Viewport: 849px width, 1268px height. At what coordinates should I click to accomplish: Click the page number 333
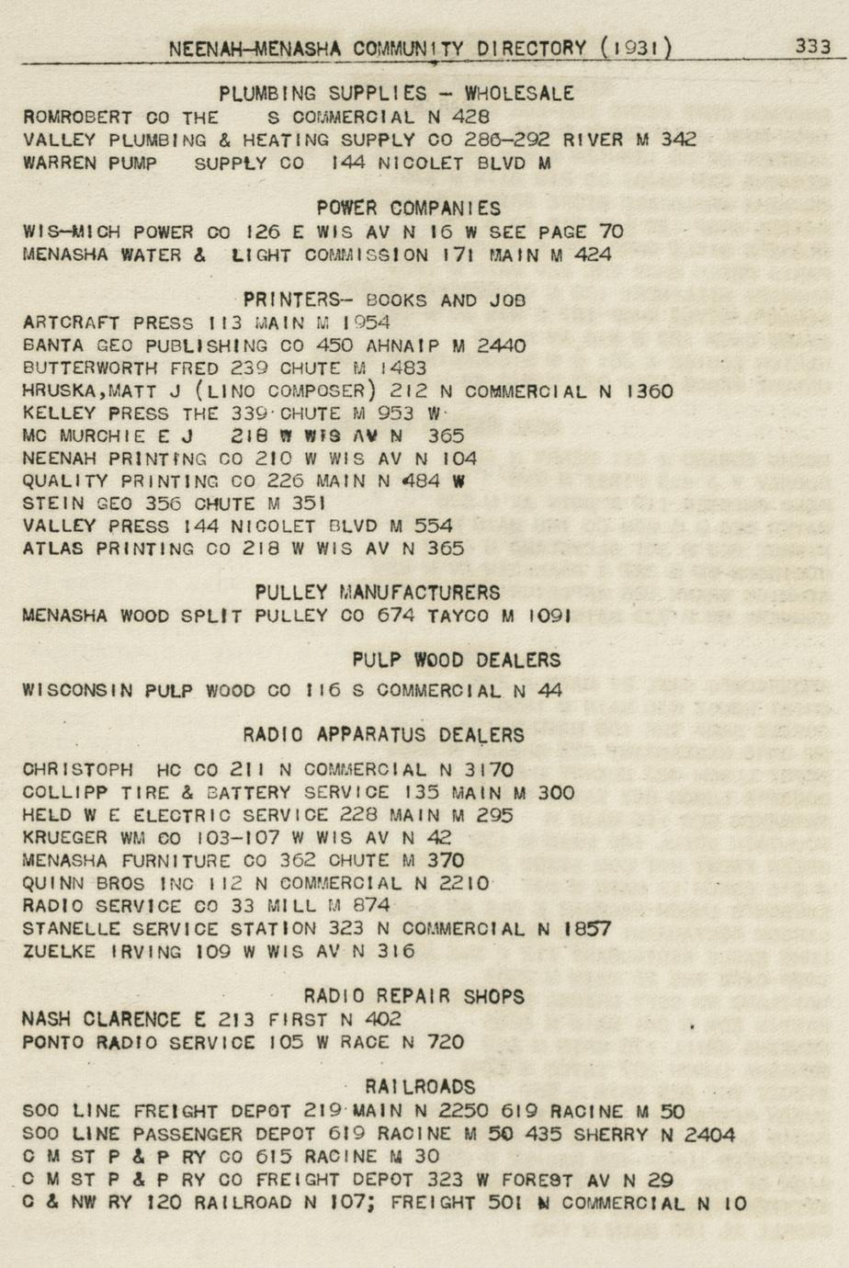click(x=812, y=46)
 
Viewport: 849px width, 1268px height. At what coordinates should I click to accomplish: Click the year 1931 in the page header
click(x=636, y=48)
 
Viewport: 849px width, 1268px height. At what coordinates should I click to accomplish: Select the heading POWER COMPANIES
click(x=409, y=209)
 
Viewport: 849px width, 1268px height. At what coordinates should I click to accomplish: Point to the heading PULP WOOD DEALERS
click(x=456, y=660)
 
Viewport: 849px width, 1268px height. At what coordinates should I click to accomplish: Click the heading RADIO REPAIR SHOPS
click(x=413, y=996)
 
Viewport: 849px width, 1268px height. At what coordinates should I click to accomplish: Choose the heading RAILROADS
click(x=420, y=1087)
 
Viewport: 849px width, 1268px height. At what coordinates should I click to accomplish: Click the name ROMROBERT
click(x=77, y=118)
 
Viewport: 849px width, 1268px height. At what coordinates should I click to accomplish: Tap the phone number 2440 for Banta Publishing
click(x=501, y=345)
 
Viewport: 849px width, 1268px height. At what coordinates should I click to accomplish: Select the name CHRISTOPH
click(x=77, y=770)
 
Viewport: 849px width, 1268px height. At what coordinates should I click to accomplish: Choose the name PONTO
click(x=52, y=1042)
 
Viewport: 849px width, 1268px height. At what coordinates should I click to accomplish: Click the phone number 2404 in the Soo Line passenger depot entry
click(x=710, y=1135)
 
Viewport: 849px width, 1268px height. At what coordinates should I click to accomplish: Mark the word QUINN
click(x=52, y=883)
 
